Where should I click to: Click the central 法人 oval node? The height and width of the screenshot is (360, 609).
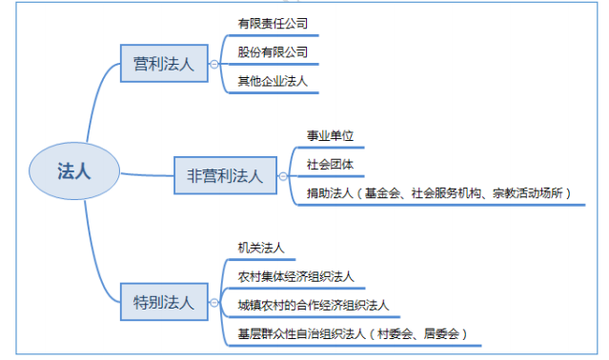[73, 171]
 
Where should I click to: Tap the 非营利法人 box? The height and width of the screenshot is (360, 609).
[224, 175]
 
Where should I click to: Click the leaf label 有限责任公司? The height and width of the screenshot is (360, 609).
[273, 22]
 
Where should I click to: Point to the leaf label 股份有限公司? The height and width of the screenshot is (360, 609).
[273, 51]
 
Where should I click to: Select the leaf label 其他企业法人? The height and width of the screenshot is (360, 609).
[273, 81]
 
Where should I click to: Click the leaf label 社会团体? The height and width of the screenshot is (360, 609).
[330, 164]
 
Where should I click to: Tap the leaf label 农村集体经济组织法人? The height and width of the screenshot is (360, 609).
[296, 276]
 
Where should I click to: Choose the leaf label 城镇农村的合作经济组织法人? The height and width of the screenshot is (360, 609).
[314, 306]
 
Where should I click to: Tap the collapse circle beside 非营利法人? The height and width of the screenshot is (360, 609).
[282, 176]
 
